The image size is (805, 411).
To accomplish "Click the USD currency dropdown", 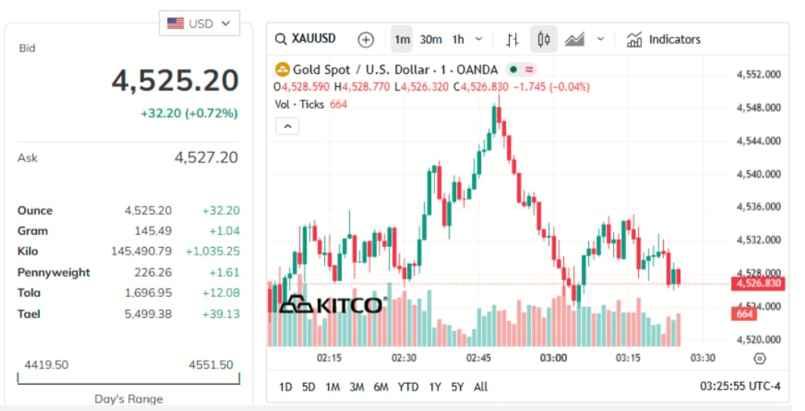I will pyautogui.click(x=199, y=23).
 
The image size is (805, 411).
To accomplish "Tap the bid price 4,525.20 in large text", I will pyautogui.click(x=175, y=80).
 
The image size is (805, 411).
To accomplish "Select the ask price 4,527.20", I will pyautogui.click(x=205, y=157).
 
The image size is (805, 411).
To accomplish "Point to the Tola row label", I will pyautogui.click(x=29, y=292).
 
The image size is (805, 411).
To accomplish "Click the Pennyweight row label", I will pyautogui.click(x=54, y=272).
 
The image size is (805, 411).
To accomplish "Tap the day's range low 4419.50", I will pyautogui.click(x=47, y=365).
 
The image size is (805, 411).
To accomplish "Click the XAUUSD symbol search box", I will pyautogui.click(x=306, y=39).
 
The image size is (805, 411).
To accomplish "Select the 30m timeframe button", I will pyautogui.click(x=430, y=39).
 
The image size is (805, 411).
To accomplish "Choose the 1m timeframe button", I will pyautogui.click(x=402, y=39).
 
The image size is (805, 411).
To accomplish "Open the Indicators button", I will pyautogui.click(x=664, y=39).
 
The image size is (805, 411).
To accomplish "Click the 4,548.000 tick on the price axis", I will pyautogui.click(x=758, y=107).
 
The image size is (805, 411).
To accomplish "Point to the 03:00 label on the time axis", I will pyautogui.click(x=554, y=357).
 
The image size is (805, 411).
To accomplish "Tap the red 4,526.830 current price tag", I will pyautogui.click(x=757, y=283).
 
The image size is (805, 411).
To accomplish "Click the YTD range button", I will pyautogui.click(x=408, y=387).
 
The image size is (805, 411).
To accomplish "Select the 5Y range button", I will pyautogui.click(x=457, y=387).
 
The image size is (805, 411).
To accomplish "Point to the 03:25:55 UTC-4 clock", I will pyautogui.click(x=740, y=387).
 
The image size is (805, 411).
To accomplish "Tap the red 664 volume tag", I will pyautogui.click(x=745, y=314).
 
